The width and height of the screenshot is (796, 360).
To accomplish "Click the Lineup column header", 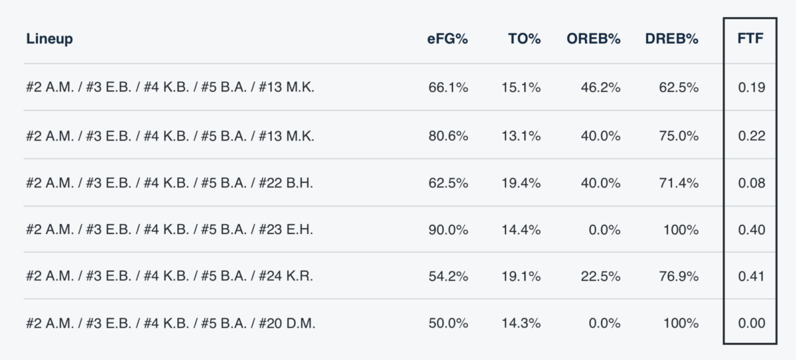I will [50, 39].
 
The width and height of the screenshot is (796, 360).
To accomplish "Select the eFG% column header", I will [447, 39].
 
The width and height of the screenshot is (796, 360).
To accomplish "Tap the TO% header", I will [524, 39].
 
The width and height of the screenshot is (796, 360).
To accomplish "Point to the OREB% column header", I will [593, 39].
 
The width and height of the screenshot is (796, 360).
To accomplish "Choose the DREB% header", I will [671, 39].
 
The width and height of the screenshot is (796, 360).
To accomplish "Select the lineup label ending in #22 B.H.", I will [169, 183].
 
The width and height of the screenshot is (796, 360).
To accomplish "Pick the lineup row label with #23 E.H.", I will [169, 230].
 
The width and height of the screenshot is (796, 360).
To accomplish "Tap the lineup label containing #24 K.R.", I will [169, 276].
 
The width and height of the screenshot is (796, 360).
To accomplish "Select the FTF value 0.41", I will [752, 276].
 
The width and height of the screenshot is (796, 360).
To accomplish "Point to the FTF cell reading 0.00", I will [752, 324].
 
